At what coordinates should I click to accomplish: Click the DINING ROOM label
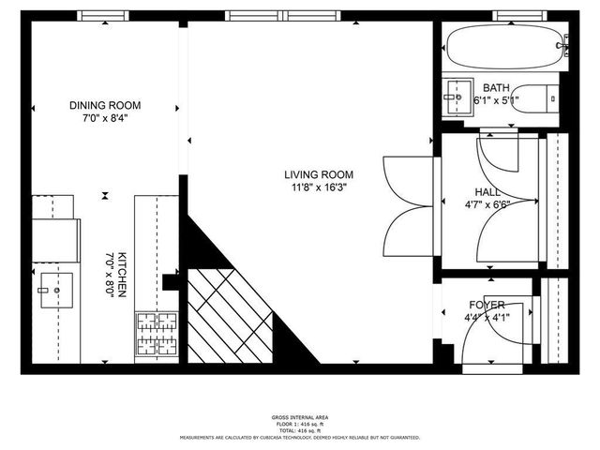pos(104,105)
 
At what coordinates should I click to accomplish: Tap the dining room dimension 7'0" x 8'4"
pos(104,118)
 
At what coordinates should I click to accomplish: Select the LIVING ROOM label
pos(319,173)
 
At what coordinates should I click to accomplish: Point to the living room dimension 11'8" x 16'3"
pos(319,187)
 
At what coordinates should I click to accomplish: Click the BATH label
pos(496,87)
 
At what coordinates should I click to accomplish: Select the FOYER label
pos(487,306)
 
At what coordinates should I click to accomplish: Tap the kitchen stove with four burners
pos(157,334)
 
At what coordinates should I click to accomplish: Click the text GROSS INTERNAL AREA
pos(300,416)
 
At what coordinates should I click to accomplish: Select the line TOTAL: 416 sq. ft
pos(300,429)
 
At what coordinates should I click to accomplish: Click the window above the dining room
pos(103,15)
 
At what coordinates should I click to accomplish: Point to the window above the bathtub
pos(519,15)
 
